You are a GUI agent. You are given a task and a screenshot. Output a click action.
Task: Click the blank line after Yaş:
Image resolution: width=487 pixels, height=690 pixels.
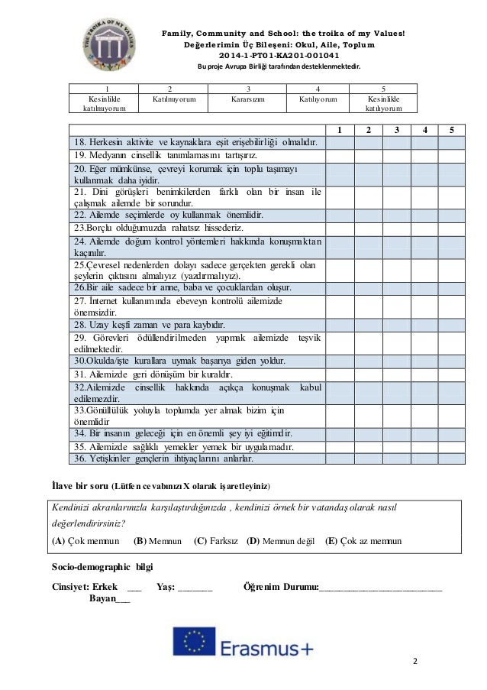tap(195, 587)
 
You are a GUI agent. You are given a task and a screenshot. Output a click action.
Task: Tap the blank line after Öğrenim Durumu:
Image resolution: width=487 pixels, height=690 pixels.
tap(381, 587)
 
